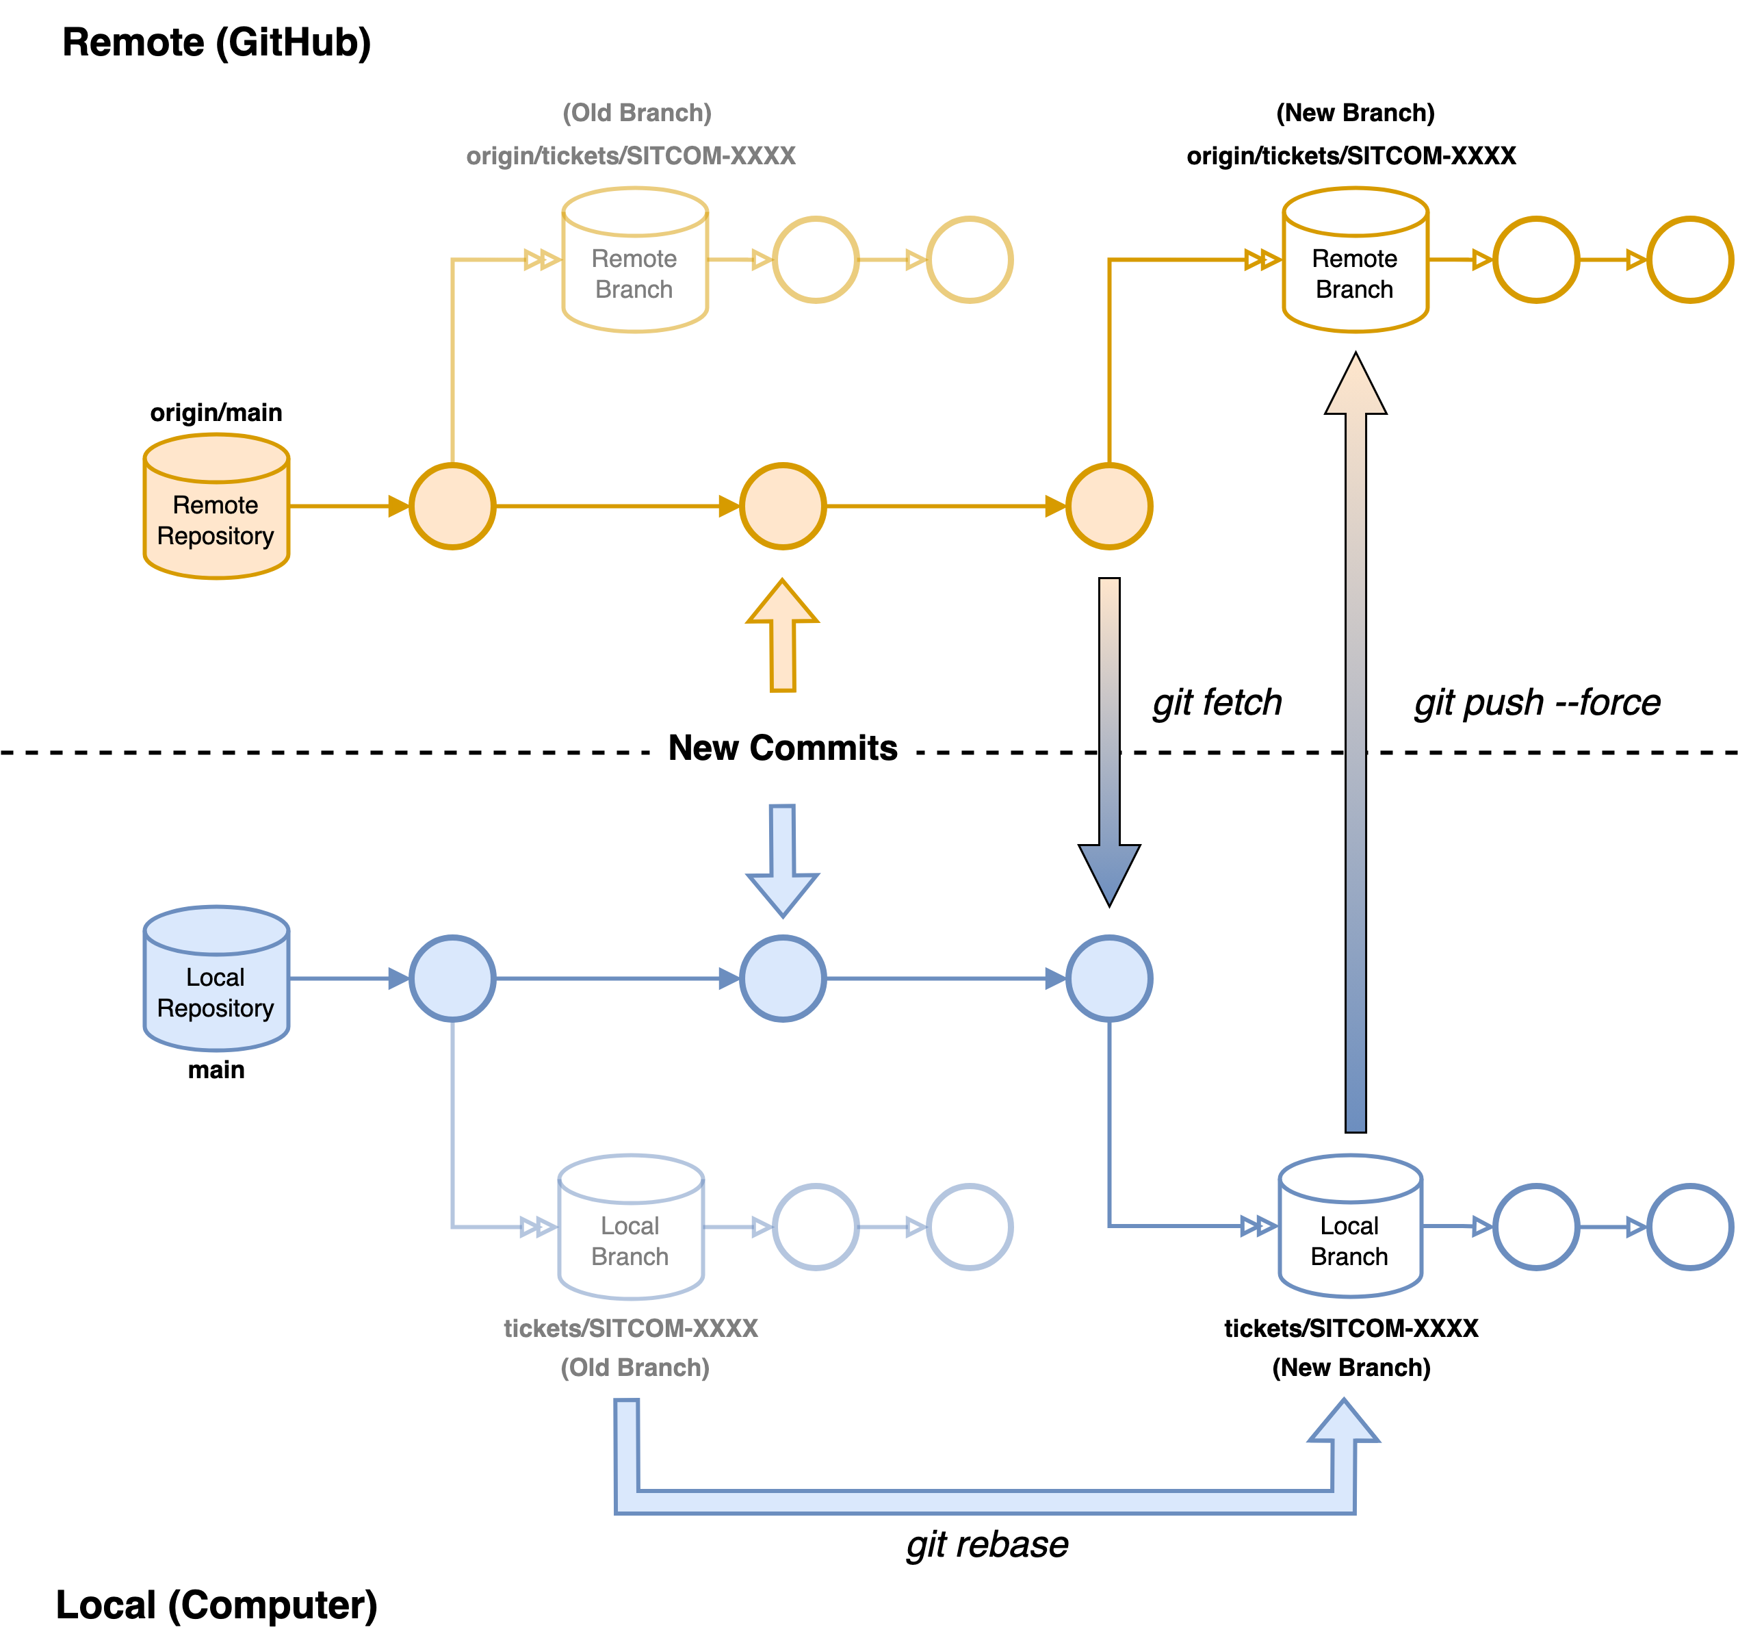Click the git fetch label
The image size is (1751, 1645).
1217,703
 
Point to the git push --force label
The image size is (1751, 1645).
1537,703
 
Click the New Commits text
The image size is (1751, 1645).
782,748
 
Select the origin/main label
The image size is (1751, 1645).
216,412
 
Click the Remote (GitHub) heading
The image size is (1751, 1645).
216,42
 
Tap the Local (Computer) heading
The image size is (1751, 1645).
216,1605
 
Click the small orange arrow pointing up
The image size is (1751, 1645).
782,635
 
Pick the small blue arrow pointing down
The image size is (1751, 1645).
782,860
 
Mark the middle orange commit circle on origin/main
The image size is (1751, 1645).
782,507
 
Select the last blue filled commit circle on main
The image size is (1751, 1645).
1109,979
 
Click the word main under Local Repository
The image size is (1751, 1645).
216,1070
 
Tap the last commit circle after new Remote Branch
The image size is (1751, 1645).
1689,260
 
